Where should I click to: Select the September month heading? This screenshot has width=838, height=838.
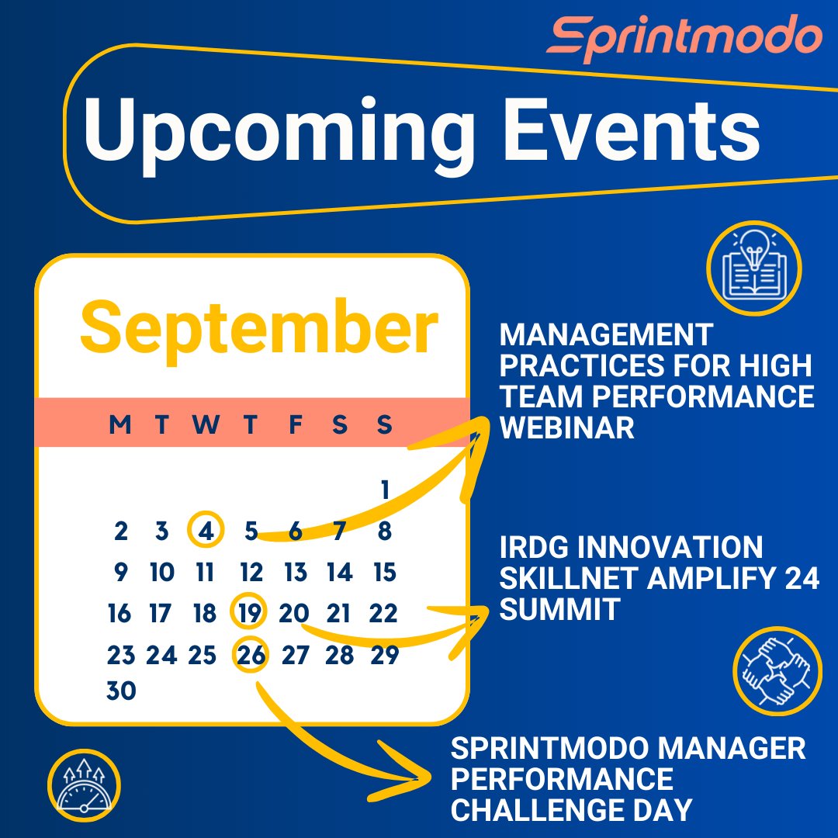click(x=258, y=327)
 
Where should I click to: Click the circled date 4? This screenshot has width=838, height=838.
click(x=206, y=532)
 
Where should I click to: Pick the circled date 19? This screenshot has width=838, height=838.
click(x=249, y=614)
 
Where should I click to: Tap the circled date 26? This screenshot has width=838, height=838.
click(x=251, y=656)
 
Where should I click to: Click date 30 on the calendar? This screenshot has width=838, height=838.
click(x=121, y=691)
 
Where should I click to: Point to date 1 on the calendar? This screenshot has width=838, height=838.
click(x=384, y=490)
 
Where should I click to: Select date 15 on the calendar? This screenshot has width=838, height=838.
click(x=383, y=573)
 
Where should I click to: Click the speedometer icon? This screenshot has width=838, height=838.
click(x=83, y=784)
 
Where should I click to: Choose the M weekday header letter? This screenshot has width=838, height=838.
click(x=120, y=424)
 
